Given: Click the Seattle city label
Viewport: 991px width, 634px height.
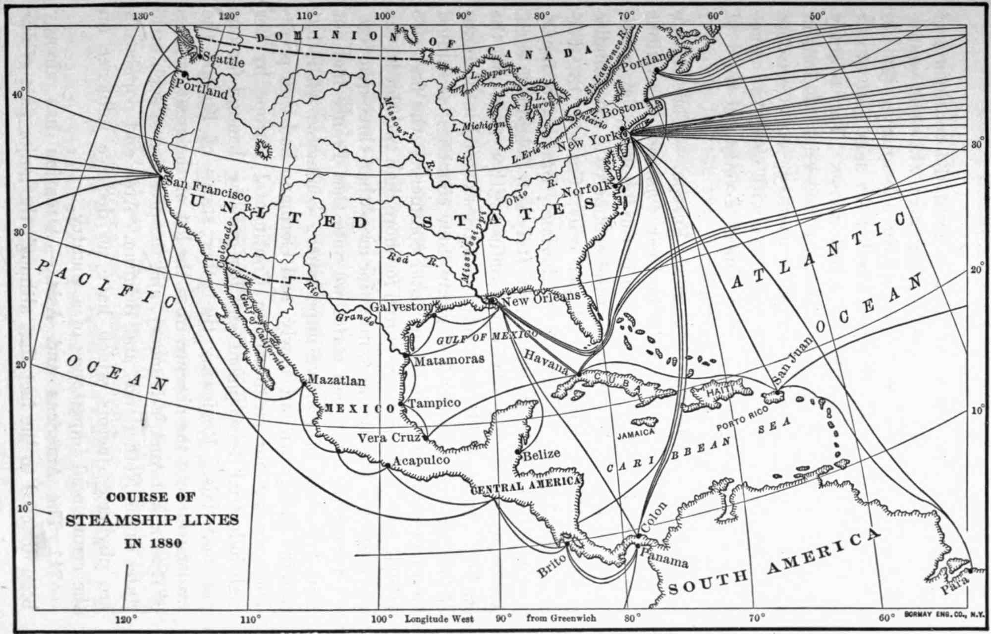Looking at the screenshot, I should pyautogui.click(x=224, y=60).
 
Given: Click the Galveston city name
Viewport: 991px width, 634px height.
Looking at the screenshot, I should pyautogui.click(x=400, y=307).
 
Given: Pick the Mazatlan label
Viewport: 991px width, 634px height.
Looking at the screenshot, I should pyautogui.click(x=336, y=380).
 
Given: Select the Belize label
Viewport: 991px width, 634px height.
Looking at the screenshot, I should pyautogui.click(x=541, y=454).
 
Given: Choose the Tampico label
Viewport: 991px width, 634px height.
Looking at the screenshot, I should pyautogui.click(x=435, y=403).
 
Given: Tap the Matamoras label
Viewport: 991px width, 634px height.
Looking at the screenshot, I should pyautogui.click(x=449, y=359).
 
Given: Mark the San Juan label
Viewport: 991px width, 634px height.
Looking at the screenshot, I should pyautogui.click(x=793, y=361).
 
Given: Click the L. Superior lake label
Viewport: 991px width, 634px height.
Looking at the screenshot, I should pyautogui.click(x=495, y=73).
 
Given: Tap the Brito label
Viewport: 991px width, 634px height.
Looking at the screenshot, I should pyautogui.click(x=551, y=566).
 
